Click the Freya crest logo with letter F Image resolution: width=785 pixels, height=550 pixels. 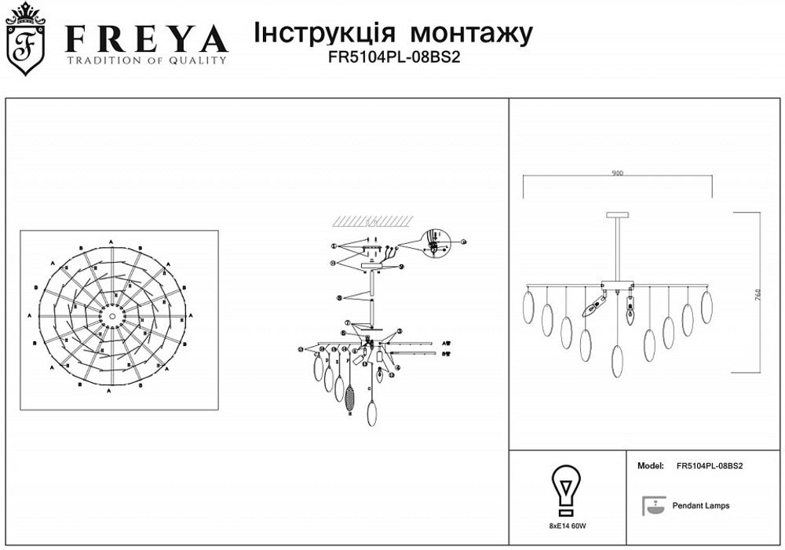tap(25, 40)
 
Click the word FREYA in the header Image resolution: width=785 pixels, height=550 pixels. tap(146, 39)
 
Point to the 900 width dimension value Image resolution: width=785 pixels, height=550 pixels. tap(618, 173)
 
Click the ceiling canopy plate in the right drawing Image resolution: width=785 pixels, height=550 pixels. tap(618, 213)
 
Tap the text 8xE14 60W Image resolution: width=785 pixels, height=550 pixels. tap(568, 526)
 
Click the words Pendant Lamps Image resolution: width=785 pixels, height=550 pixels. tap(701, 506)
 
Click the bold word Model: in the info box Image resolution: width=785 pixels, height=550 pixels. tap(651, 465)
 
